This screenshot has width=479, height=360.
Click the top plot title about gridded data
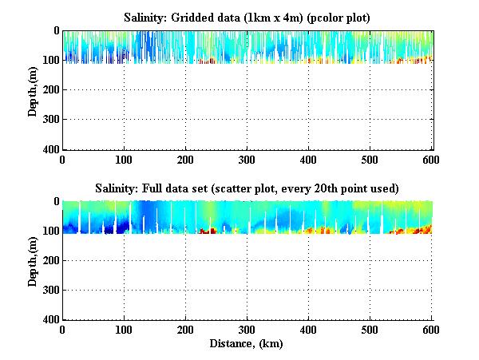[245, 17]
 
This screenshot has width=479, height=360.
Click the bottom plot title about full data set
[245, 188]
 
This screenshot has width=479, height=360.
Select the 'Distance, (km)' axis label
[247, 344]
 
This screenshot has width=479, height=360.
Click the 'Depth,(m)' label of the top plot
[33, 90]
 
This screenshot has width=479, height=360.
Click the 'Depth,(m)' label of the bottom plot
[33, 261]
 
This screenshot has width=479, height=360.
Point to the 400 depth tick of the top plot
[51, 149]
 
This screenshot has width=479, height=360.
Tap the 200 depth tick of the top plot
[51, 90]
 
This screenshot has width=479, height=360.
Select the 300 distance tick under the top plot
[247, 159]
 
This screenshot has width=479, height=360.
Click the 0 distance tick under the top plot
[62, 159]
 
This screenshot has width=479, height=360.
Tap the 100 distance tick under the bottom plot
[124, 330]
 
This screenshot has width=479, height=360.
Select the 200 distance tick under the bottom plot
[185, 330]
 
